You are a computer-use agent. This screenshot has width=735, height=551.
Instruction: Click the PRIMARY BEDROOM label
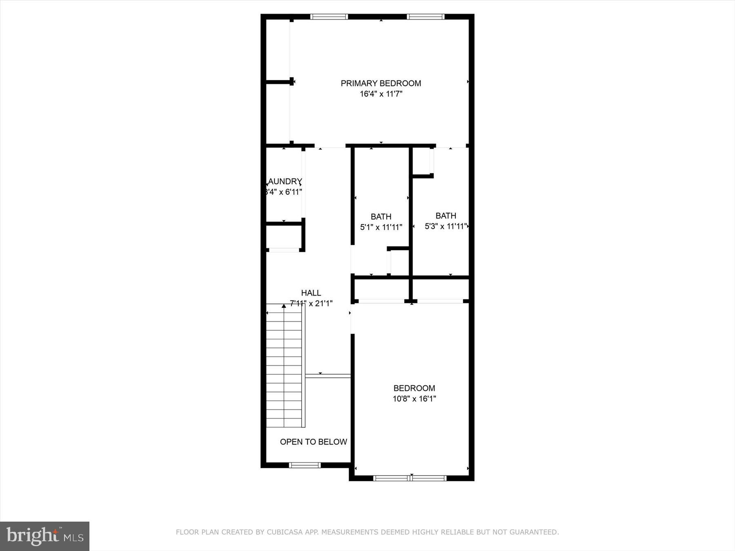pyautogui.click(x=381, y=83)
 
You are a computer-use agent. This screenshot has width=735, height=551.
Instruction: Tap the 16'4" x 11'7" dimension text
pyautogui.click(x=381, y=94)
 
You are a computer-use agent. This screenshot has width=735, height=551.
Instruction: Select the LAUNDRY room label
pyautogui.click(x=285, y=182)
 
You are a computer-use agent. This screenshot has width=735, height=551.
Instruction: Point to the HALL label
pyautogui.click(x=311, y=293)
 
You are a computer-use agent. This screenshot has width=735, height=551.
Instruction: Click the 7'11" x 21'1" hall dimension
pyautogui.click(x=311, y=304)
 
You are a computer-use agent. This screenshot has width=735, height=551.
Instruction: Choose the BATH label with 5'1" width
pyautogui.click(x=381, y=216)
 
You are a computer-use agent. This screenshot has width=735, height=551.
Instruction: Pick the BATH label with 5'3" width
pyautogui.click(x=445, y=216)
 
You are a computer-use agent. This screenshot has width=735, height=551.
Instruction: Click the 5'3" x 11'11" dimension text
pyautogui.click(x=446, y=226)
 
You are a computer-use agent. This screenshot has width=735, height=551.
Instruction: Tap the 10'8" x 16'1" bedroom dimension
pyautogui.click(x=414, y=399)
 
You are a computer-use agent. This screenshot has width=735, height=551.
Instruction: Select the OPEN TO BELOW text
pyautogui.click(x=313, y=442)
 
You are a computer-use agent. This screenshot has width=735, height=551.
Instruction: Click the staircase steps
pyautogui.click(x=284, y=367)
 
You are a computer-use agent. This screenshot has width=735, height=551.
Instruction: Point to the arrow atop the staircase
pyautogui.click(x=284, y=306)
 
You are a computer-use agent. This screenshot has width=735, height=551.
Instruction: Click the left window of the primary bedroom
pyautogui.click(x=329, y=17)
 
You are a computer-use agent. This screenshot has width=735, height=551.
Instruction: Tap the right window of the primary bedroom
pyautogui.click(x=425, y=17)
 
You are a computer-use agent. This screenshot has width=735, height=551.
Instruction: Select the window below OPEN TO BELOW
pyautogui.click(x=305, y=465)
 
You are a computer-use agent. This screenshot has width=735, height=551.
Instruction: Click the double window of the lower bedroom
pyautogui.click(x=410, y=478)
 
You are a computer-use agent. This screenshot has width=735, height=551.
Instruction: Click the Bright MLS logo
pyautogui.click(x=45, y=536)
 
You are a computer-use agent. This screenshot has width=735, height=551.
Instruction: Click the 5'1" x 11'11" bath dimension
pyautogui.click(x=381, y=227)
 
